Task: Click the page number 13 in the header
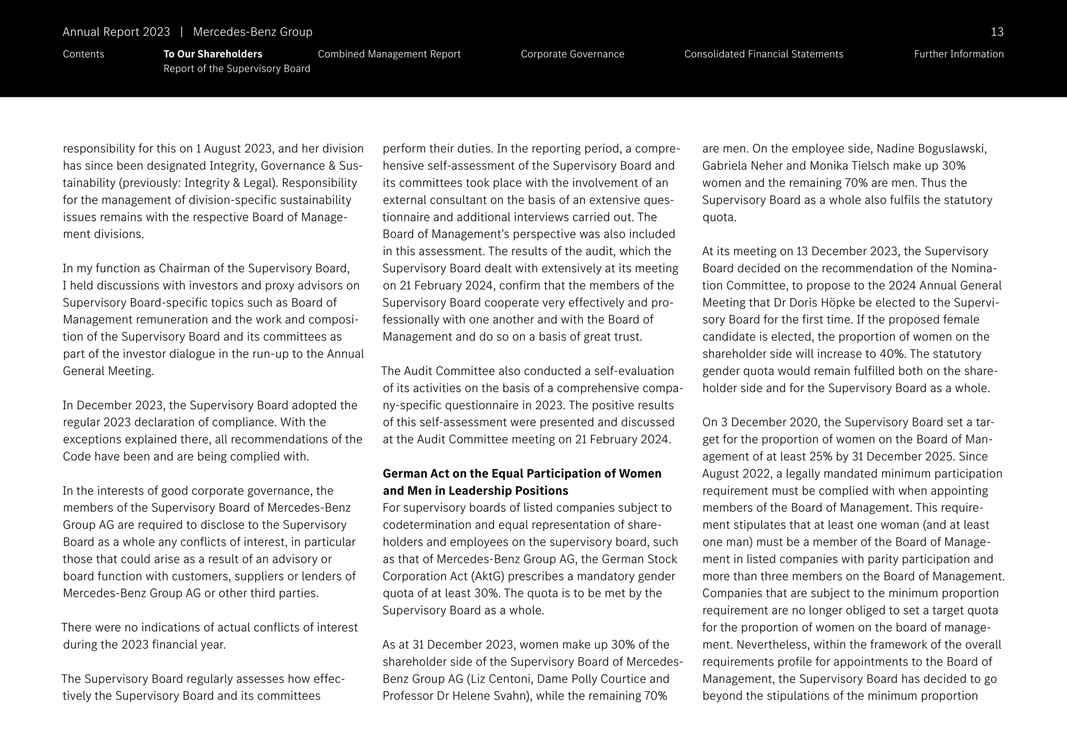pyautogui.click(x=997, y=32)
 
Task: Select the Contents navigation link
pyautogui.click(x=83, y=54)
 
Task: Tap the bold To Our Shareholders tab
pyautogui.click(x=213, y=54)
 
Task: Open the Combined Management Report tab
pyautogui.click(x=389, y=54)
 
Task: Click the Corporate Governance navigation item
pyautogui.click(x=572, y=54)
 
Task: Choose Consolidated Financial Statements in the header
pyautogui.click(x=763, y=54)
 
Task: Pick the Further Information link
pyautogui.click(x=958, y=54)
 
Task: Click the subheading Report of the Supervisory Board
pyautogui.click(x=237, y=69)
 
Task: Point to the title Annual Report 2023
pyautogui.click(x=116, y=32)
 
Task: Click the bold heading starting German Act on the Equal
pyautogui.click(x=522, y=474)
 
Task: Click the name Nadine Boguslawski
pyautogui.click(x=931, y=149)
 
